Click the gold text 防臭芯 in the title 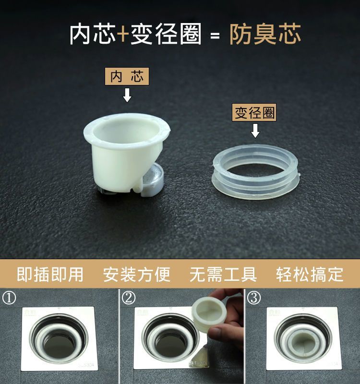pyautogui.click(x=265, y=34)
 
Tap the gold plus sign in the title pyautogui.click(x=123, y=34)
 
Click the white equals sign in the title pyautogui.click(x=215, y=36)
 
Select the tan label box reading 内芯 pyautogui.click(x=127, y=76)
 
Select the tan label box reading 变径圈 pyautogui.click(x=254, y=112)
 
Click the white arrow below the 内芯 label pyautogui.click(x=127, y=95)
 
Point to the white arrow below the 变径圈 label pyautogui.click(x=255, y=131)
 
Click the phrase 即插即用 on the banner pyautogui.click(x=50, y=274)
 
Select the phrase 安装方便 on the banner pyautogui.click(x=137, y=274)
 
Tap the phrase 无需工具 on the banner pyautogui.click(x=223, y=274)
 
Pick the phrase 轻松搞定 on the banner pyautogui.click(x=310, y=274)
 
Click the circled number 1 pyautogui.click(x=9, y=298)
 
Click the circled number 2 pyautogui.click(x=129, y=298)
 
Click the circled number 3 pyautogui.click(x=254, y=298)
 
